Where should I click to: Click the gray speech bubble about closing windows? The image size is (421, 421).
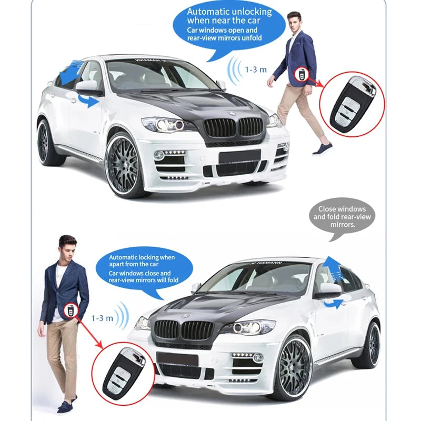click(x=342, y=216)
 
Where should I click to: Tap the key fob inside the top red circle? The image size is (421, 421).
click(x=352, y=103)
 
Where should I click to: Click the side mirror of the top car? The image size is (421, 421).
click(x=87, y=87)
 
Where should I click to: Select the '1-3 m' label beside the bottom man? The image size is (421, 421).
click(x=102, y=318)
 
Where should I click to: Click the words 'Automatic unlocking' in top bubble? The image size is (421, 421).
click(x=229, y=12)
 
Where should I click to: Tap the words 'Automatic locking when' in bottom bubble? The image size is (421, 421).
click(x=142, y=257)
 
